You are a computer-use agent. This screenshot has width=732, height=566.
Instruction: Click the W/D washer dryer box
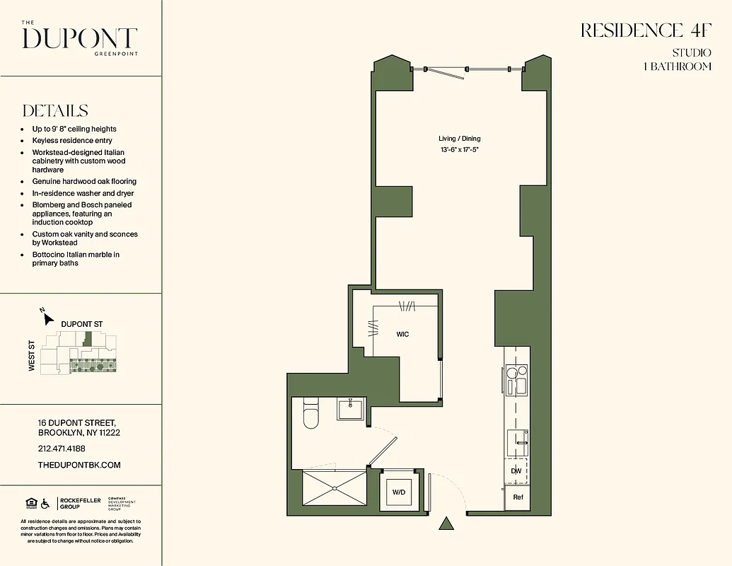click(x=399, y=492)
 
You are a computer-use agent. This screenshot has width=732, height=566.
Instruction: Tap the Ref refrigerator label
click(x=518, y=497)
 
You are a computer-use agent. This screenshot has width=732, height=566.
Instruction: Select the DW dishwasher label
click(x=518, y=470)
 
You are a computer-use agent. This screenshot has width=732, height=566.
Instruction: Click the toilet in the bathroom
click(x=311, y=415)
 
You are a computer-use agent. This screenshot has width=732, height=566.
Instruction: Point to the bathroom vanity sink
click(x=350, y=408)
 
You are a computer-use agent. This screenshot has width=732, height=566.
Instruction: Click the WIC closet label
click(x=402, y=334)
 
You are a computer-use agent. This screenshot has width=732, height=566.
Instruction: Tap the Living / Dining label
click(x=459, y=139)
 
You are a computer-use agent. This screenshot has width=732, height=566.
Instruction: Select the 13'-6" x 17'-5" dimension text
click(x=459, y=150)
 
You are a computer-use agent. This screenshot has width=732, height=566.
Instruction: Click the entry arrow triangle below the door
click(x=446, y=524)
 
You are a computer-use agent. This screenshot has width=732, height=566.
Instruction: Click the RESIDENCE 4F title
click(x=645, y=30)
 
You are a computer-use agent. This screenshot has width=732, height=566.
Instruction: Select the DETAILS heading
click(x=55, y=111)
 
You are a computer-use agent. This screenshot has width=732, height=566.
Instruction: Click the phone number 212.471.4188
click(x=62, y=449)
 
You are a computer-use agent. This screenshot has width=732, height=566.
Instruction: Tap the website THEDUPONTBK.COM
click(x=79, y=465)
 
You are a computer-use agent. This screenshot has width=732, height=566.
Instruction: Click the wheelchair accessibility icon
click(x=45, y=504)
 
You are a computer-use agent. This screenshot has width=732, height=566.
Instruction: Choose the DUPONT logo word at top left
click(x=79, y=38)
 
